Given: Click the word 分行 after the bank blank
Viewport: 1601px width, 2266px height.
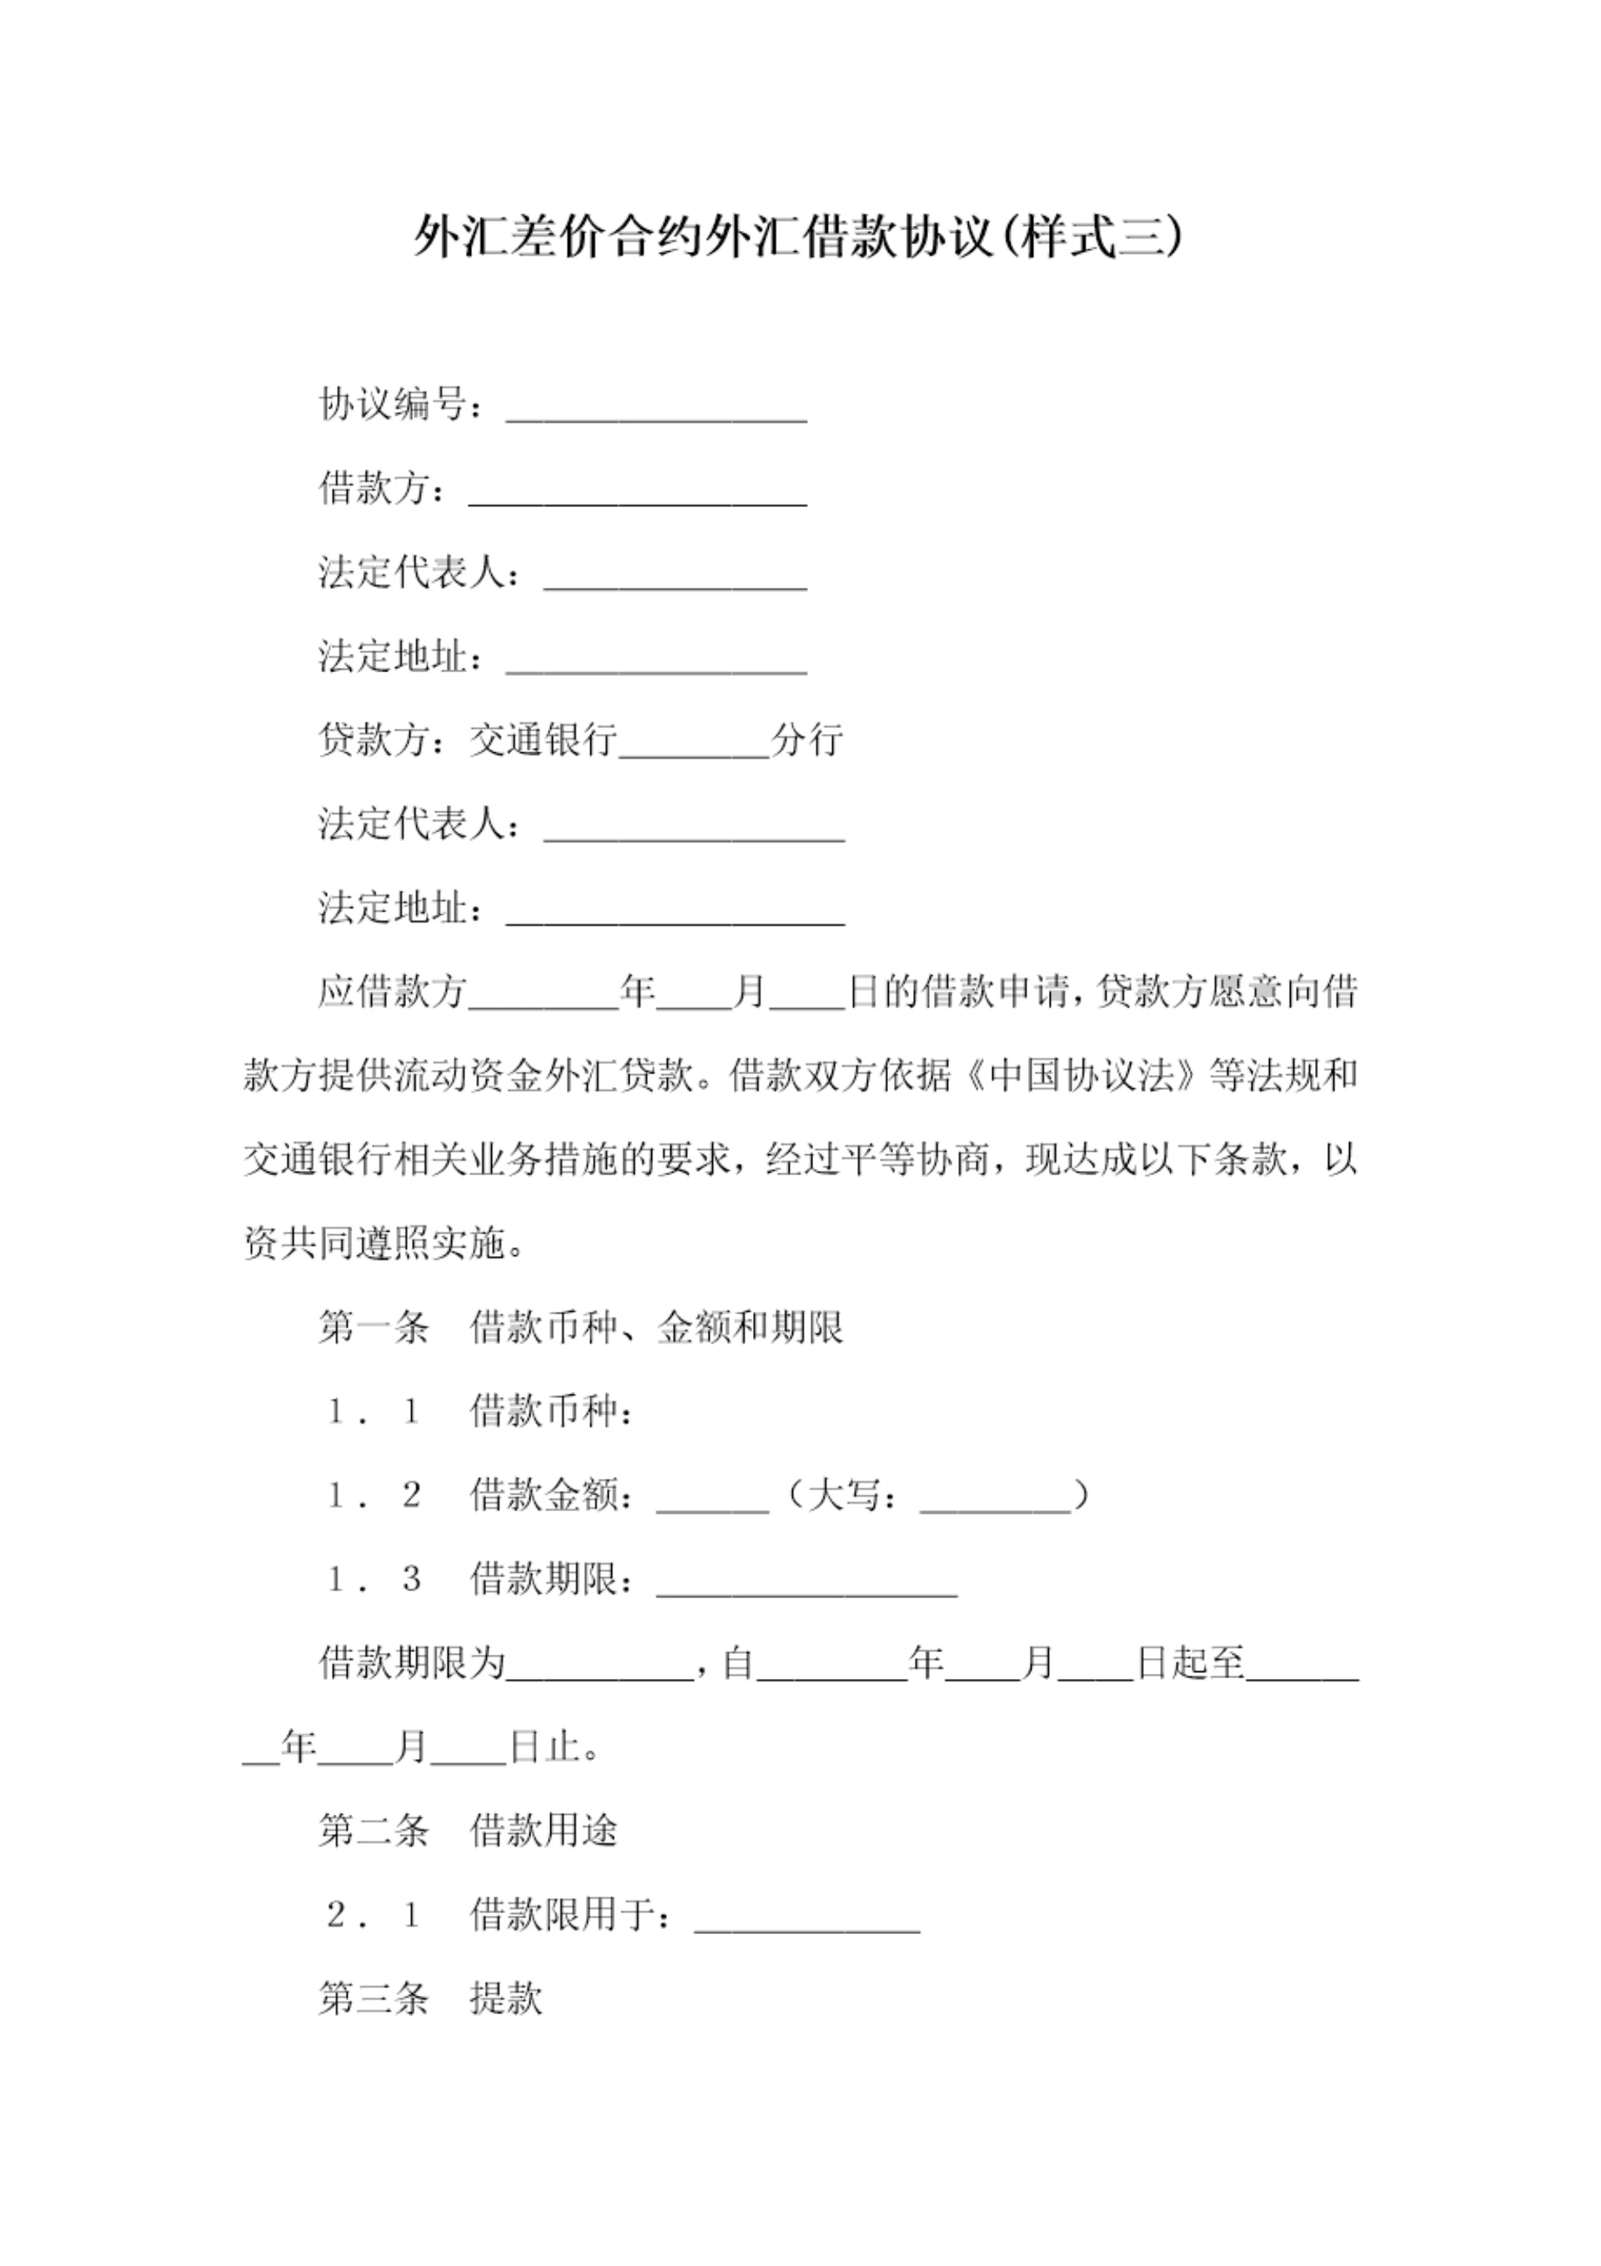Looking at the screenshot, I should pyautogui.click(x=807, y=739).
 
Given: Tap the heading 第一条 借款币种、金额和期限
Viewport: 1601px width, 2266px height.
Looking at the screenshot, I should pyautogui.click(x=580, y=1328).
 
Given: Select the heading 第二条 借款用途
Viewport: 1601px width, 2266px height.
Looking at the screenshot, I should pyautogui.click(x=467, y=1831).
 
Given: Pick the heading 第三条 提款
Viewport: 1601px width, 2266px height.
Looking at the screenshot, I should pyautogui.click(x=430, y=1998).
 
